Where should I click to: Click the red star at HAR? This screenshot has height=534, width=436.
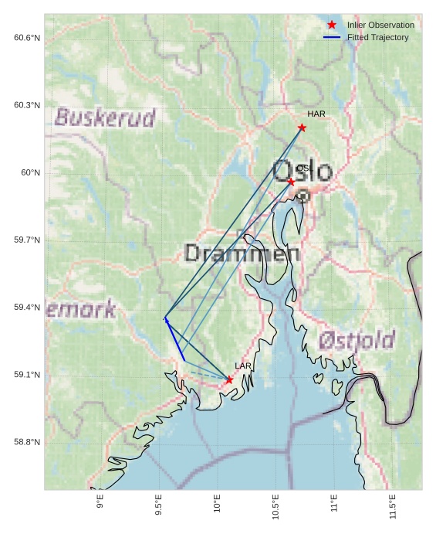(302, 128)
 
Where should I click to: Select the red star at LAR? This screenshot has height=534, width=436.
(229, 379)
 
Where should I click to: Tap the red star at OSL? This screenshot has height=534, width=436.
(291, 182)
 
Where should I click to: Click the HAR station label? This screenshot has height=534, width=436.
(316, 114)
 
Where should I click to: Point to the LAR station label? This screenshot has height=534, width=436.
(243, 366)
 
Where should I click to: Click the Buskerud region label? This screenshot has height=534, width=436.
(105, 117)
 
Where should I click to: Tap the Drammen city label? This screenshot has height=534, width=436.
(242, 253)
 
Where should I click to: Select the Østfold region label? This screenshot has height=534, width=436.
(357, 339)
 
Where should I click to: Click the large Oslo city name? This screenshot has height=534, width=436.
(302, 171)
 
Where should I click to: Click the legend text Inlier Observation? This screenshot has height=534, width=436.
(380, 25)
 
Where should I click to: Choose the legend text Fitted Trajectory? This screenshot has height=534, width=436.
(377, 37)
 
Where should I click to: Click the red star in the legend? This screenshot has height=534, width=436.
(332, 25)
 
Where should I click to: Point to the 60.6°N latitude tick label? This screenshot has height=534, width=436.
(26, 38)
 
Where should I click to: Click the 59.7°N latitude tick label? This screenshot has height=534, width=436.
(26, 240)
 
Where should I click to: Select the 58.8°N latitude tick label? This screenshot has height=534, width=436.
(26, 442)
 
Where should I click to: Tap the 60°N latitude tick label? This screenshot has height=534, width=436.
(30, 172)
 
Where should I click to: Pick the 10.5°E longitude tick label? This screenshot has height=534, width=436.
(275, 506)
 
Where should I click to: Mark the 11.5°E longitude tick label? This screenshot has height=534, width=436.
(393, 506)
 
